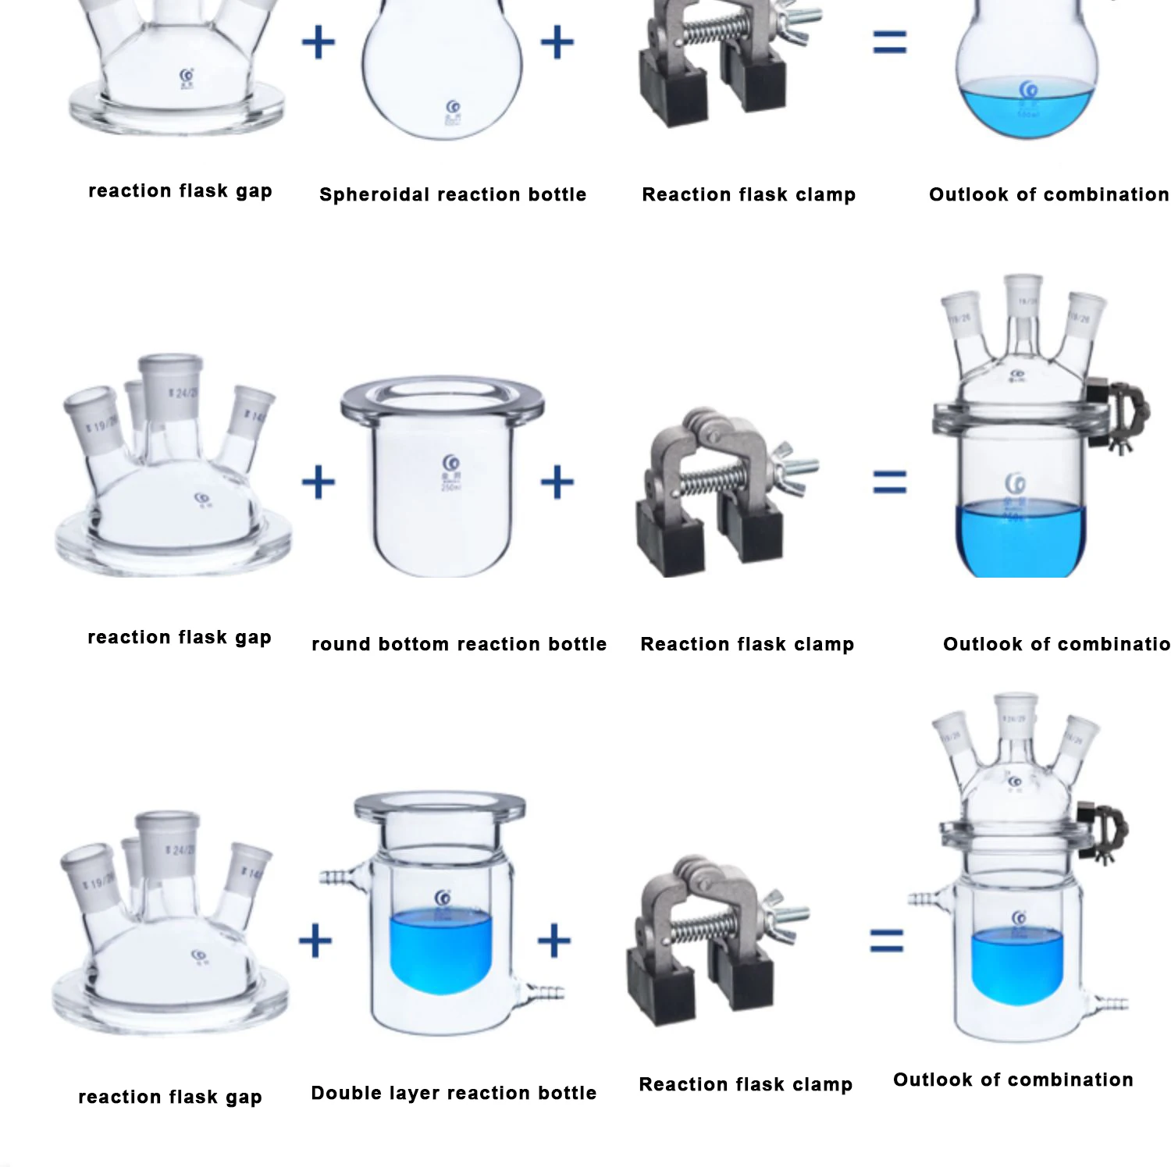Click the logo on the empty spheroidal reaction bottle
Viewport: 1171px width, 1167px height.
click(452, 108)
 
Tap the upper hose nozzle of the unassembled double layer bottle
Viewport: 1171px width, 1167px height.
click(337, 878)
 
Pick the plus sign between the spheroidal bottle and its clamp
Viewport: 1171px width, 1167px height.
click(557, 42)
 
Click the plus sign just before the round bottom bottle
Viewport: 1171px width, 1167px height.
click(318, 482)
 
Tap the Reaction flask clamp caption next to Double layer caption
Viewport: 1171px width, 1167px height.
click(745, 1084)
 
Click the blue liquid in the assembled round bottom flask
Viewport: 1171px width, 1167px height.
click(1020, 539)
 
